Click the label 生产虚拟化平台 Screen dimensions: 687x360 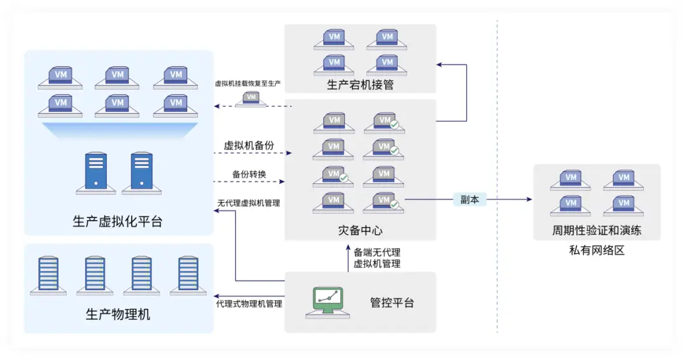click(118, 221)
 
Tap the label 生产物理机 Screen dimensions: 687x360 click(118, 314)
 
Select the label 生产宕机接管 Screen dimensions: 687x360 click(360, 85)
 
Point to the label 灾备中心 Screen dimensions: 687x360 click(360, 230)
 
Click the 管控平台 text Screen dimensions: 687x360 click(392, 303)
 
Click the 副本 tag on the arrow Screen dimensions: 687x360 click(469, 200)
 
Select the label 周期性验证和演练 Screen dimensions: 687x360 click(596, 230)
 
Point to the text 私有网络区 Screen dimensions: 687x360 click(596, 250)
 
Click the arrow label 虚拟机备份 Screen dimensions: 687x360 click(249, 145)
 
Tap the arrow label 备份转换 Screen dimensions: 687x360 click(249, 174)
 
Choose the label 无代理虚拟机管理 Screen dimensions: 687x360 click(249, 203)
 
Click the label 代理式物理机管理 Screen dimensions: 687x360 click(249, 303)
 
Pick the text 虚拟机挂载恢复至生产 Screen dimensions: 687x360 click(247, 83)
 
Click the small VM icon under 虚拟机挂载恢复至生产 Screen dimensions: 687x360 click(251, 99)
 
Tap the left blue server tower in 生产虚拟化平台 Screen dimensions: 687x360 click(96, 172)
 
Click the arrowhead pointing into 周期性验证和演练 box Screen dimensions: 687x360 click(529, 199)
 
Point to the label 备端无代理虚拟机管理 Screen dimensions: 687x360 click(377, 258)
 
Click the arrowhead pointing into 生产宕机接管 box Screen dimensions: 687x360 click(439, 65)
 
